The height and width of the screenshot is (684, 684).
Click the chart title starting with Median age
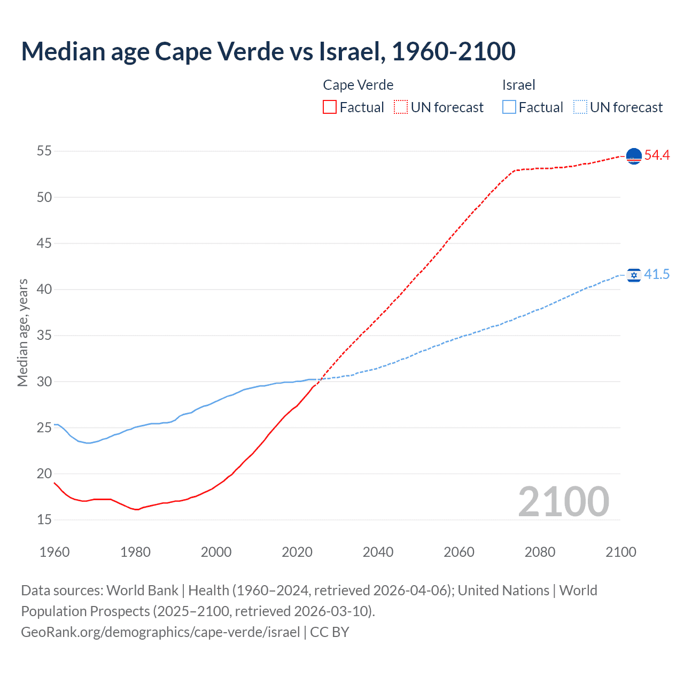point(268,51)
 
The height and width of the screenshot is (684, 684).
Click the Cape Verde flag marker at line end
point(634,156)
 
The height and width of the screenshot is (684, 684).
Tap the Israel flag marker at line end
point(634,275)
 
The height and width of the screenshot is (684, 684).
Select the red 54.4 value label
point(657,156)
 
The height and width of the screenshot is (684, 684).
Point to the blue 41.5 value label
point(657,275)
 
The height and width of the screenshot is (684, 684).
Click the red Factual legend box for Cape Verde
point(330,107)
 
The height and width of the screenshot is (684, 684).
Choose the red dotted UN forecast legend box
point(401,107)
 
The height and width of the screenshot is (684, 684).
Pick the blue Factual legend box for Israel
point(509,107)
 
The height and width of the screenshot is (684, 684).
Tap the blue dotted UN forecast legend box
point(580,107)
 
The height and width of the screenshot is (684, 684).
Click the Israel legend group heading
point(518,85)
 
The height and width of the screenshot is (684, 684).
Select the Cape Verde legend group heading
point(358,85)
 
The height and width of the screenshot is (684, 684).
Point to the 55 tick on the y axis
point(44,151)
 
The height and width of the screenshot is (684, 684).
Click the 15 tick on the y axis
point(44,519)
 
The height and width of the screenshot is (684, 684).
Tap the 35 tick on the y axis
point(44,336)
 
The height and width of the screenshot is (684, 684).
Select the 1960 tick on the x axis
point(55,552)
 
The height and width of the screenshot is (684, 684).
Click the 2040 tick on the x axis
point(378,552)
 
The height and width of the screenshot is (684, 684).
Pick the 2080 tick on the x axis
point(540,552)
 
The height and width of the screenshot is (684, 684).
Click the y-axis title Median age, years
point(22,332)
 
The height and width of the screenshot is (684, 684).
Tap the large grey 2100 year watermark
point(563,501)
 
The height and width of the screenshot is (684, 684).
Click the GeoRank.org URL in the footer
point(160,632)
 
